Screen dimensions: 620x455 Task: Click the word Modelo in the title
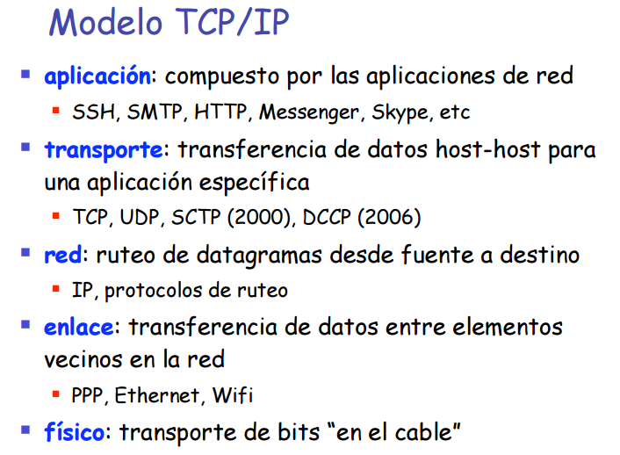(x=106, y=22)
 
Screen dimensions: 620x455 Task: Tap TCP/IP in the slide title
(x=232, y=22)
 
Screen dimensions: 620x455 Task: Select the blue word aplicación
(x=97, y=76)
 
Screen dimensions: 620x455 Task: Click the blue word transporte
(x=104, y=150)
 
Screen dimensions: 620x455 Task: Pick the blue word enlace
(x=79, y=327)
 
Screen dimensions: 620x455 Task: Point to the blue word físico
(x=75, y=431)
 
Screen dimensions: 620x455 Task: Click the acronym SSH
(x=94, y=112)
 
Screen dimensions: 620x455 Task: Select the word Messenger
(x=309, y=112)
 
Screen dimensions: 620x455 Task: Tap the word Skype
(x=400, y=112)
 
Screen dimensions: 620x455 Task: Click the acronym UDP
(x=140, y=217)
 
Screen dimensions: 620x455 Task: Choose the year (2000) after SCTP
(x=260, y=217)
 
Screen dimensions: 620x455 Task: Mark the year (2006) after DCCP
(x=389, y=217)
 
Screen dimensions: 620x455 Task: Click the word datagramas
(x=259, y=256)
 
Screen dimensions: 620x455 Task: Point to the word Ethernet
(x=157, y=395)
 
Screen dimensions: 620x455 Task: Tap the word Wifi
(x=233, y=395)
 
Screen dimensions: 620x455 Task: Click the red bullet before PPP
(x=55, y=394)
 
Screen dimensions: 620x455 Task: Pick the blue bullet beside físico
(x=25, y=430)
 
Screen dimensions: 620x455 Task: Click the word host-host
(x=488, y=149)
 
